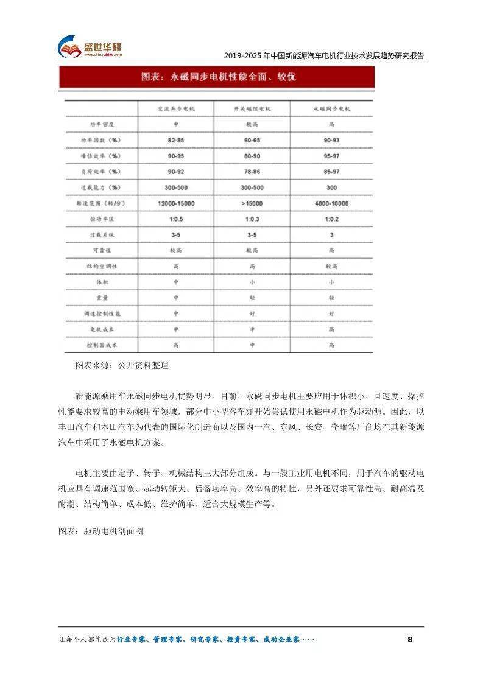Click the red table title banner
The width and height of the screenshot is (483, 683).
(216, 77)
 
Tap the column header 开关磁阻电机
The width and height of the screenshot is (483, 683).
(252, 109)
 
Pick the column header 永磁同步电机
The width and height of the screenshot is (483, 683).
(332, 109)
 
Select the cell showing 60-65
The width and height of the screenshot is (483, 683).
(252, 141)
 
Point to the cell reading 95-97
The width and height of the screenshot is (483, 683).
(332, 156)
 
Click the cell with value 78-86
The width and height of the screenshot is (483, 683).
(252, 172)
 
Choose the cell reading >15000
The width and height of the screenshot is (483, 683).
(252, 203)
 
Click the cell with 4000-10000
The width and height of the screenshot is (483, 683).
(332, 203)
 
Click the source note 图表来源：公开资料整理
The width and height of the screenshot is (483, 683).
(121, 366)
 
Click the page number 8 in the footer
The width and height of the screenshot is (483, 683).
(409, 639)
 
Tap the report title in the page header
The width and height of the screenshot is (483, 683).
(323, 56)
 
